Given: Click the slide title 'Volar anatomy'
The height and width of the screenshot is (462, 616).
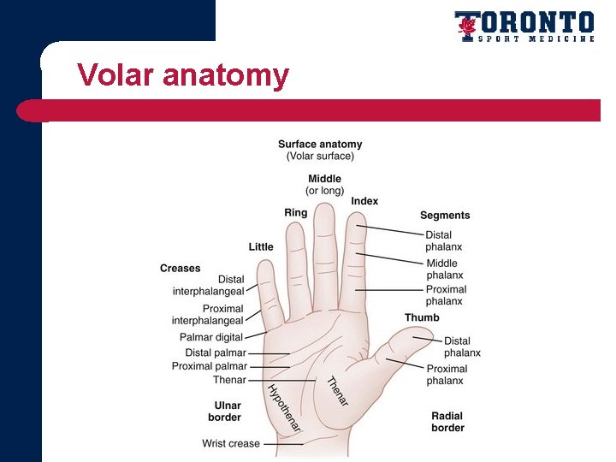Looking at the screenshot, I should pos(182,75).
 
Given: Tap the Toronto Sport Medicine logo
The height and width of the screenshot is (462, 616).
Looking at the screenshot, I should pos(524,27).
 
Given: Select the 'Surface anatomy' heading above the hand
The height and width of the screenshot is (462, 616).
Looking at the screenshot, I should pos(320,145).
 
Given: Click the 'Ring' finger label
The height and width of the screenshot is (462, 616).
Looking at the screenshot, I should pos(296,213).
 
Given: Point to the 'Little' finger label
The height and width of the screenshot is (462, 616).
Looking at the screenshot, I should pos(261,247).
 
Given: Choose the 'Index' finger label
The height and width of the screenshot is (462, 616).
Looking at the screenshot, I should pos(364,201).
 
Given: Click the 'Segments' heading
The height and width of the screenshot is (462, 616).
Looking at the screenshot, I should pos(445,216).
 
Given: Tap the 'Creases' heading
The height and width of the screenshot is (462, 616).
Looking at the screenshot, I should pos(180,269).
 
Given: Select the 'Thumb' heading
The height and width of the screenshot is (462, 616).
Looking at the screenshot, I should pos(422,317).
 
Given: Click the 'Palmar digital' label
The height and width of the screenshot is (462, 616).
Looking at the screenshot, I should pos(211,338).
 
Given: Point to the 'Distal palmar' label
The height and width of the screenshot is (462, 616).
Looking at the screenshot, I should pos(216,352).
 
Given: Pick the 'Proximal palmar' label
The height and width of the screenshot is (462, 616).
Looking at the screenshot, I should pos(210,366).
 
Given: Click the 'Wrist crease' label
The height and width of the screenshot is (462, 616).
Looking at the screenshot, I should pos(231,443).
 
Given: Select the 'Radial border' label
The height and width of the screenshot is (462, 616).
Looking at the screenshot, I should pos(447,422).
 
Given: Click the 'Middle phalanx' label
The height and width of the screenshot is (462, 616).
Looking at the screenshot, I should pos(445,269).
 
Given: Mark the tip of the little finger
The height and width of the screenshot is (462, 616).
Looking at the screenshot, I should pos(266,266).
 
